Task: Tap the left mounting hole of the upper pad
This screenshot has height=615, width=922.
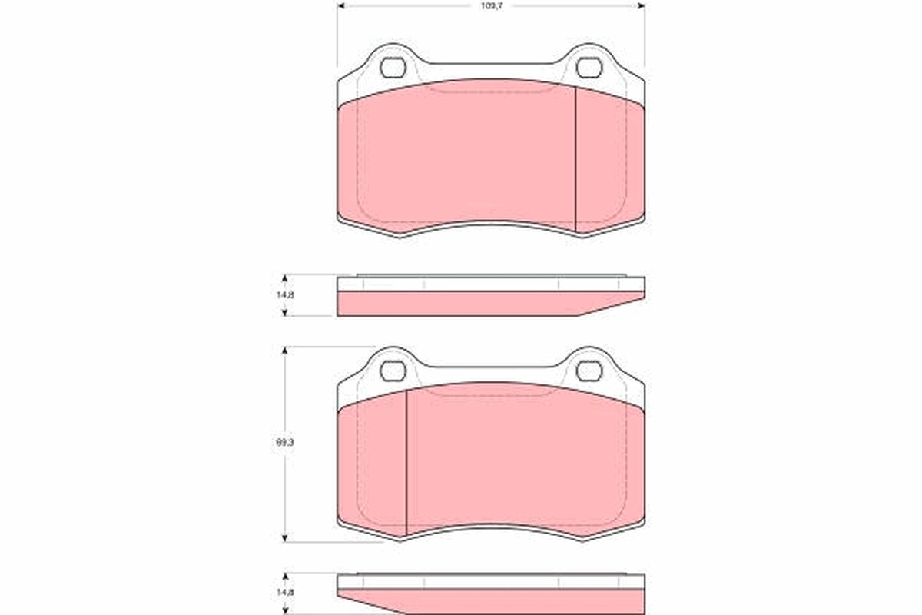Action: [x=393, y=68]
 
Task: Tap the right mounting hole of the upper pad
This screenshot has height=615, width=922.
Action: [x=589, y=68]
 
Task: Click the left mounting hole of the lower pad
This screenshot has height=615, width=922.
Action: [x=393, y=371]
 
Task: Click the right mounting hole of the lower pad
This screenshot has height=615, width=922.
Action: [x=589, y=371]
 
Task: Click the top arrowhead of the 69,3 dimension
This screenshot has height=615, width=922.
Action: [x=285, y=350]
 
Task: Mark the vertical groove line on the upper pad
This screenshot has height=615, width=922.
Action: [x=575, y=158]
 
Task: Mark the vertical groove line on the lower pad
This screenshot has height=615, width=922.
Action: [x=405, y=461]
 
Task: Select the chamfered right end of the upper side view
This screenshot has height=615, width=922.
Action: [x=615, y=306]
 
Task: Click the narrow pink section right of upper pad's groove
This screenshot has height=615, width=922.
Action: [x=609, y=161]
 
